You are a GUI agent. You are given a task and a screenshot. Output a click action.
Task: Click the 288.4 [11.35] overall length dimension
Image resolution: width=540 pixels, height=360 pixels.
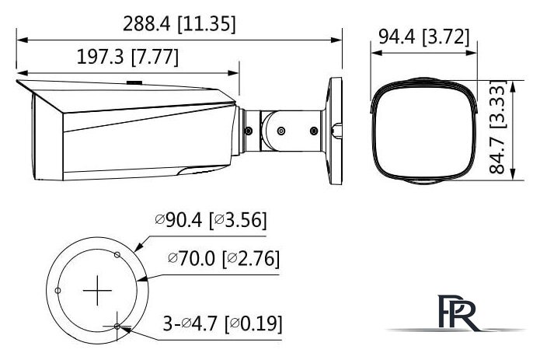[179, 23]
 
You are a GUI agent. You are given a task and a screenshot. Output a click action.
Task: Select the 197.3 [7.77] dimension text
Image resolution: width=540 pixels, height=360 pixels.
[128, 58]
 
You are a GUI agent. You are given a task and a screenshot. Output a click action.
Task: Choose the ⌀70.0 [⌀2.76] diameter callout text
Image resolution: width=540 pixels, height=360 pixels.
[223, 258]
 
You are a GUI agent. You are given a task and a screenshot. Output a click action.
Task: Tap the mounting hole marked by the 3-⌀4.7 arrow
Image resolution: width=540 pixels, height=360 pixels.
[117, 327]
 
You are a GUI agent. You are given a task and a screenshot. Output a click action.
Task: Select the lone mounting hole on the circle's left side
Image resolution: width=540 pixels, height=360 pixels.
[57, 291]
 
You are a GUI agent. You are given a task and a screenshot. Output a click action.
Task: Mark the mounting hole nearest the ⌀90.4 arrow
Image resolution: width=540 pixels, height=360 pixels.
[117, 254]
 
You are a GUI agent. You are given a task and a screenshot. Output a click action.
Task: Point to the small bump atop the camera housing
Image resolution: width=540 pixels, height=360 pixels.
[133, 80]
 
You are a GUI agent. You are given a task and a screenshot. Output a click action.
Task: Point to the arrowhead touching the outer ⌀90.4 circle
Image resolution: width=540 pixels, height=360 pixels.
[137, 247]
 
